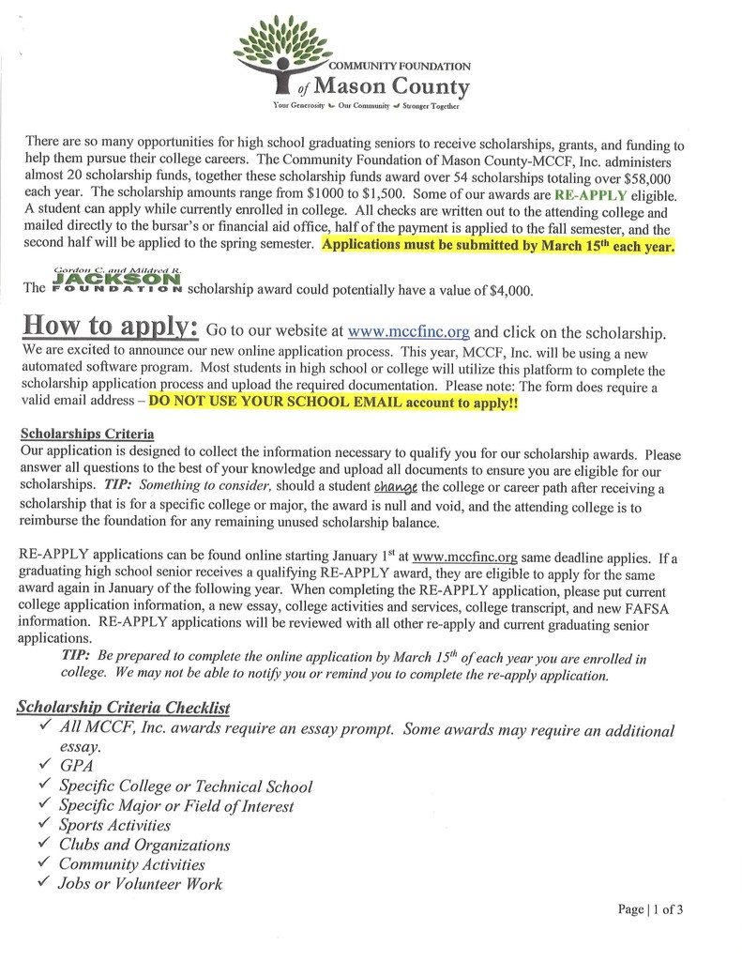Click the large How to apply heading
click(111, 328)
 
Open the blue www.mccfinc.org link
click(409, 331)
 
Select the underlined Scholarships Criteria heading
click(87, 435)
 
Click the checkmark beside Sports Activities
click(43, 824)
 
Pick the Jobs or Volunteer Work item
click(140, 883)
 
